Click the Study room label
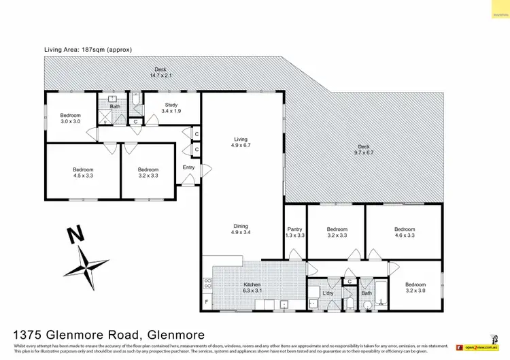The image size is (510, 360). (x=171, y=108)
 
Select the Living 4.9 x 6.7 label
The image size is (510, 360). (x=241, y=142)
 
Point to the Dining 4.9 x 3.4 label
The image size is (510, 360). (x=241, y=229)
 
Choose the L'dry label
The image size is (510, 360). (x=328, y=293)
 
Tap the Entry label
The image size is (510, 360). (x=188, y=167)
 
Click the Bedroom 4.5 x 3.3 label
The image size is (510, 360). (x=83, y=173)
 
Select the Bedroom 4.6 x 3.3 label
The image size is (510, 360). (x=404, y=232)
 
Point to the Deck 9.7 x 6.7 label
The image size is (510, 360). (x=364, y=150)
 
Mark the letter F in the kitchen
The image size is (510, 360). (x=206, y=300)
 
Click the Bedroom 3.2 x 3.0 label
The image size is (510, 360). (x=415, y=287)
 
